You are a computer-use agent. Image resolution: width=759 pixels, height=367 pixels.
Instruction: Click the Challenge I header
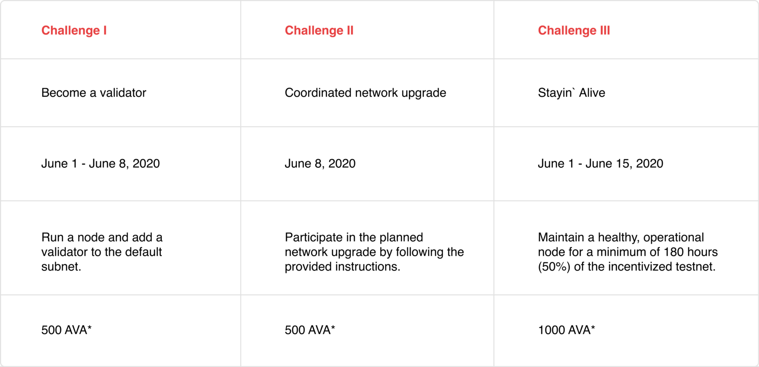(x=74, y=30)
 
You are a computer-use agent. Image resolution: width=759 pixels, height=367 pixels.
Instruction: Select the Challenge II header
(x=319, y=30)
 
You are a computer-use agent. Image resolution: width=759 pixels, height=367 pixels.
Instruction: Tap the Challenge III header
(x=574, y=30)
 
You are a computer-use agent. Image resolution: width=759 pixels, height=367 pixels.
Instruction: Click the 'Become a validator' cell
(x=94, y=93)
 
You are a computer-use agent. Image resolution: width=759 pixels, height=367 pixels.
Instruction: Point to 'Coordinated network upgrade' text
(x=365, y=93)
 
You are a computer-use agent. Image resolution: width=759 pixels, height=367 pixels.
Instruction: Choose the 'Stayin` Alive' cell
(x=572, y=93)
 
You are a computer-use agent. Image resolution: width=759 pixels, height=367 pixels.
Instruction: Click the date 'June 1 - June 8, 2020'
(x=101, y=164)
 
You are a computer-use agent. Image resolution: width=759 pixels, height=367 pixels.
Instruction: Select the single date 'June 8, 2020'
(x=320, y=164)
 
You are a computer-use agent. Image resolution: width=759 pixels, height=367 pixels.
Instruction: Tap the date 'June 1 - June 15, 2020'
(x=601, y=164)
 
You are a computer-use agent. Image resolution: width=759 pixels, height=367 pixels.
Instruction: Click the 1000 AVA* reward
(x=567, y=330)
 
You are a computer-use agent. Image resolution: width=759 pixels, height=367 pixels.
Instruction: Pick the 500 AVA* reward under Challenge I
(x=66, y=330)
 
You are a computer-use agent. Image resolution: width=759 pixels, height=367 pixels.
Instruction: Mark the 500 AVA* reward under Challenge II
(x=310, y=330)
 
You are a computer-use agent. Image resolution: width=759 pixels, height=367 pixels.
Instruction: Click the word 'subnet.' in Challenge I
(x=61, y=267)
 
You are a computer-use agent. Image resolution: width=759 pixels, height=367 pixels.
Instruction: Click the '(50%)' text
(x=554, y=267)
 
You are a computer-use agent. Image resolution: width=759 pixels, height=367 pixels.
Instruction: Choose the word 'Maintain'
(x=561, y=237)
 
